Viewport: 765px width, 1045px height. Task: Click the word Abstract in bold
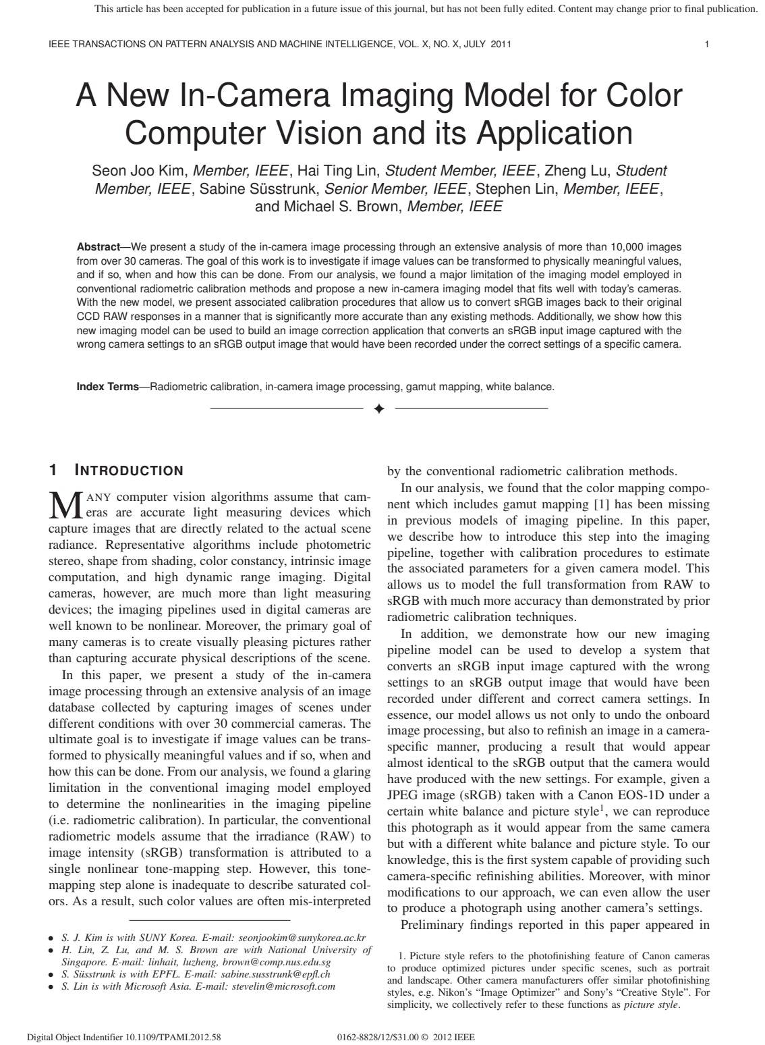point(98,246)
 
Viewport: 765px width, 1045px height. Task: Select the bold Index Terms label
point(107,387)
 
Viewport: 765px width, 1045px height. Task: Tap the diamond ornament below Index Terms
point(379,408)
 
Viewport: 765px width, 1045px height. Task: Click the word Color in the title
point(640,97)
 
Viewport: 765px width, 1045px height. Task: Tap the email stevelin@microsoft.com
point(283,986)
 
